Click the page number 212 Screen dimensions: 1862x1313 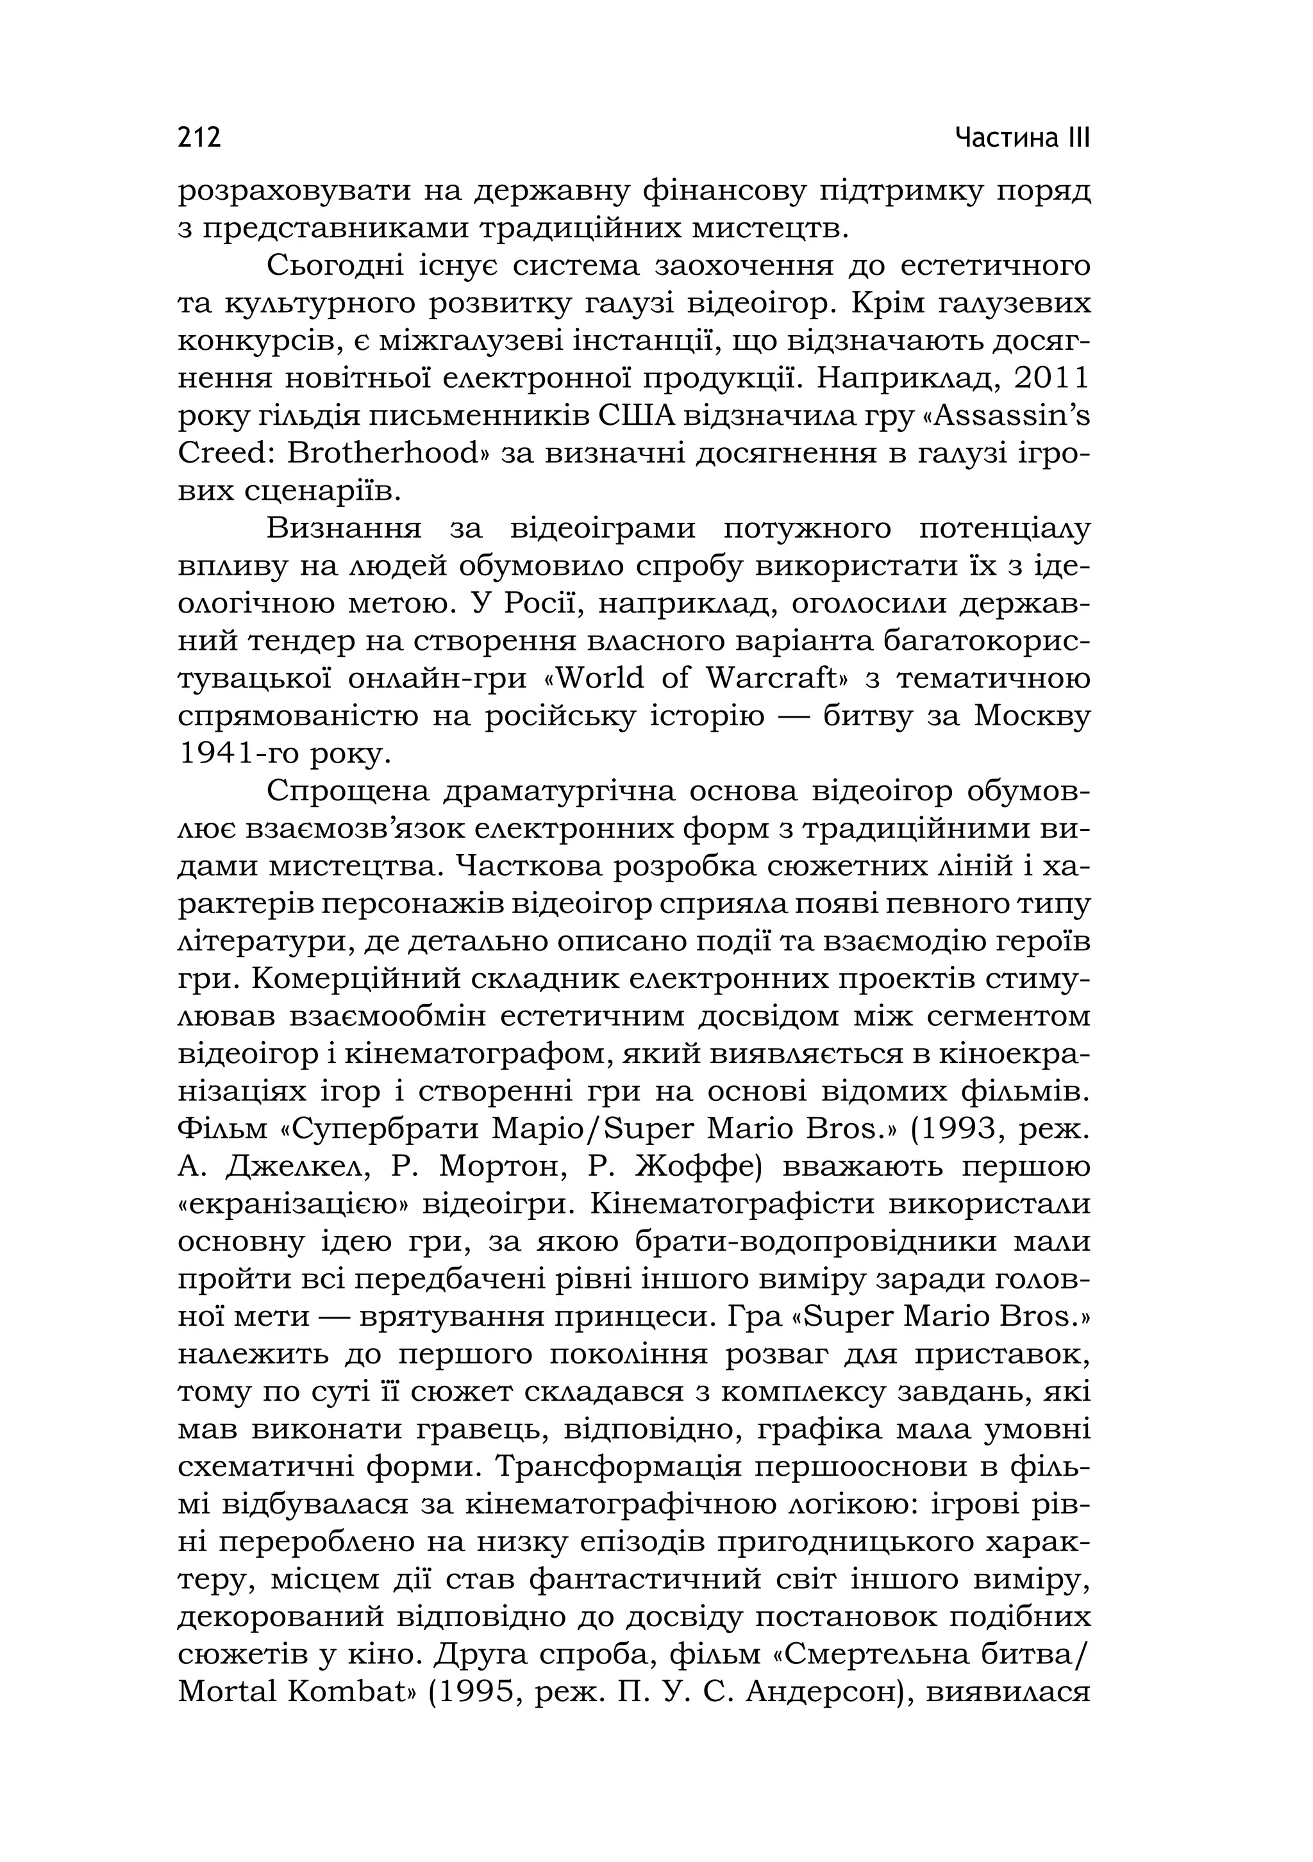(x=199, y=137)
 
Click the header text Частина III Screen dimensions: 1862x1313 (x=1022, y=137)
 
